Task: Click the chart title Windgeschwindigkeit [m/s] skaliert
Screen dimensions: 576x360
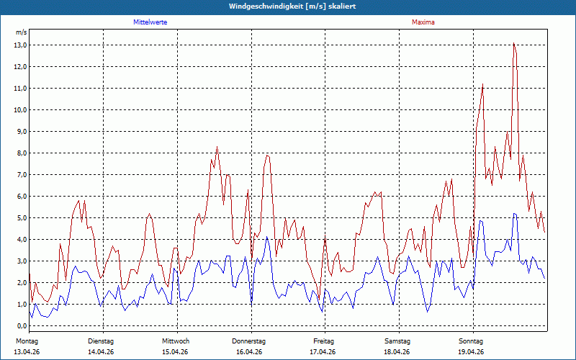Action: click(292, 6)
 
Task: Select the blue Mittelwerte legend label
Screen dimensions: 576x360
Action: click(150, 22)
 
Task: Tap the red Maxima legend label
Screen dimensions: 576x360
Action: click(423, 22)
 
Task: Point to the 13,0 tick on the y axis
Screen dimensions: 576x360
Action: click(21, 45)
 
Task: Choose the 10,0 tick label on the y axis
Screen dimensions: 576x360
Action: click(21, 110)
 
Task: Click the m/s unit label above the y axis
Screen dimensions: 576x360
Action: click(22, 32)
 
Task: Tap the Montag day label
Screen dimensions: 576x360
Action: click(27, 341)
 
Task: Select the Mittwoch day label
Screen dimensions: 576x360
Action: click(176, 341)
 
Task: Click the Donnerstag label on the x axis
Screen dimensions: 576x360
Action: click(248, 341)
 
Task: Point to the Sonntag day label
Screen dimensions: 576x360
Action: click(471, 341)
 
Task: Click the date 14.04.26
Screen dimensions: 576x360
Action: click(101, 352)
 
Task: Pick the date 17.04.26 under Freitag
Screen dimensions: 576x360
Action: click(323, 352)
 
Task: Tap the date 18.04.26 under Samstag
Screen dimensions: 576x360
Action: click(397, 352)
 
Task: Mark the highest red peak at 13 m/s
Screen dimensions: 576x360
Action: click(513, 43)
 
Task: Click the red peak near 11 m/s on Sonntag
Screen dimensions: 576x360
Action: click(482, 84)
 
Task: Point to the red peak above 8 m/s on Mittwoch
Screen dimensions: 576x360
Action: click(217, 147)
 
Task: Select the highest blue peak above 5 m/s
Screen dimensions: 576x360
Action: click(514, 213)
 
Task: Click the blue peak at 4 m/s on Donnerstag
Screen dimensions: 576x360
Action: click(267, 237)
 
